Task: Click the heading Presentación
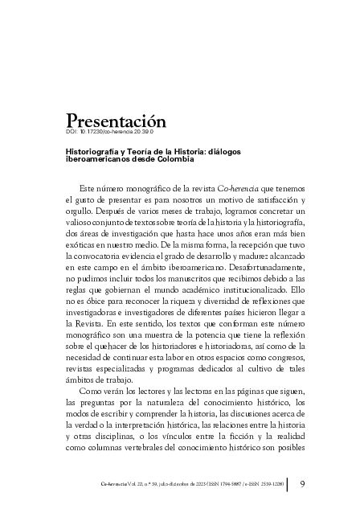(116, 121)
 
